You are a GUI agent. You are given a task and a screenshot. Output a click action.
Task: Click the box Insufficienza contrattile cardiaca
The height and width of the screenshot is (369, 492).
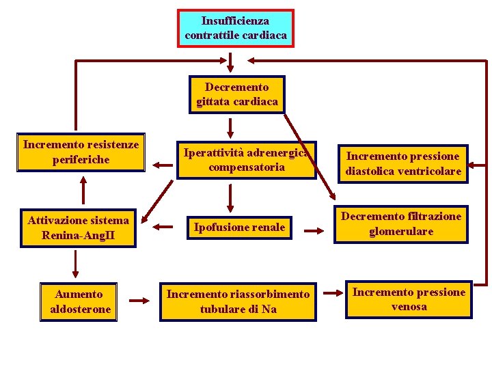coord(236,28)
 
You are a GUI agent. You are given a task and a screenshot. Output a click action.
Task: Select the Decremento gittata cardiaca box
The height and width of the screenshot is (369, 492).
coord(236,94)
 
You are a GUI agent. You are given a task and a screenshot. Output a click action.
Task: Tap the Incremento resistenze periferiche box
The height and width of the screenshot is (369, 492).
coord(81,152)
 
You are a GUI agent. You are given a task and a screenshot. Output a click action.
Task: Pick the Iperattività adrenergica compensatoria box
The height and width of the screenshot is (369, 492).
coord(247,160)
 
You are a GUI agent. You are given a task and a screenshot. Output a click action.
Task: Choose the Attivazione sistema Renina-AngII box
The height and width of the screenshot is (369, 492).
coord(78,228)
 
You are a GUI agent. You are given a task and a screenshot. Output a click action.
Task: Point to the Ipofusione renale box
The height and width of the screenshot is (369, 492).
coord(238,227)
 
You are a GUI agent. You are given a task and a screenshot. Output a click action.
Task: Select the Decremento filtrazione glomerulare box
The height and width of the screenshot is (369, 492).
coord(401,224)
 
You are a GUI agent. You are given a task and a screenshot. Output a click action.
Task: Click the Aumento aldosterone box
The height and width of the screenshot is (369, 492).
coord(80,301)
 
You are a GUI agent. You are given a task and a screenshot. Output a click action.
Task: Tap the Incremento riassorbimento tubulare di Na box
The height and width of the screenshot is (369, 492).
coord(238,301)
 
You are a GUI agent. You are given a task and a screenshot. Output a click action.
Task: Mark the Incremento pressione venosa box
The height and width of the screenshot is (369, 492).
coord(409,299)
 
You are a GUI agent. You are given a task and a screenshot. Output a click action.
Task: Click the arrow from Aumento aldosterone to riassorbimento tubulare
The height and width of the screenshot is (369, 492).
coord(139,300)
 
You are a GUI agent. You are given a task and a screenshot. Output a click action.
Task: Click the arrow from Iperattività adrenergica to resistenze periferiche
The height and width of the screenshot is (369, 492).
coord(162,164)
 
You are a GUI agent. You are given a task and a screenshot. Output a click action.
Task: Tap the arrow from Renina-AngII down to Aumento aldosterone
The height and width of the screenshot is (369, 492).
coord(74,262)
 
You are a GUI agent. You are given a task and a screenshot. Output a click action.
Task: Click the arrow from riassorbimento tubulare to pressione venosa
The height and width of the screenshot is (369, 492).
coord(331,298)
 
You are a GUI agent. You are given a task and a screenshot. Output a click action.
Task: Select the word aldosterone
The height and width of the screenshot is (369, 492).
coord(80,309)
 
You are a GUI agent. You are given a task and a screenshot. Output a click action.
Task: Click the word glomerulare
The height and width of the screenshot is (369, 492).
coord(401,232)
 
